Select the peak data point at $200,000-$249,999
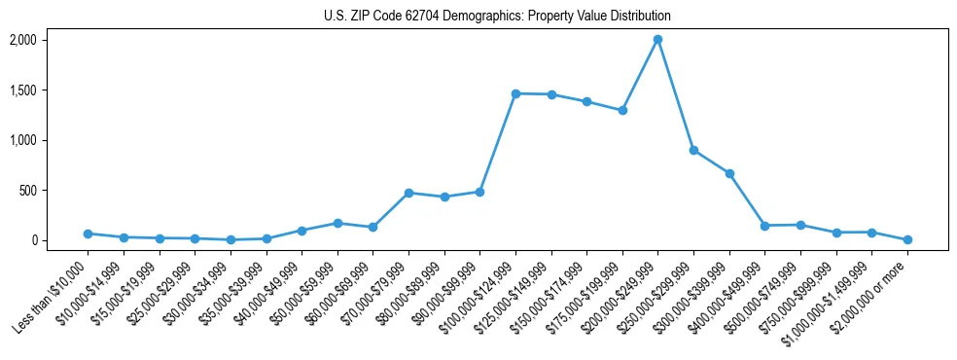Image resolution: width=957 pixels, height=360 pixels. [658, 40]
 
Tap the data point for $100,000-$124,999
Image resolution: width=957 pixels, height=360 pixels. [515, 93]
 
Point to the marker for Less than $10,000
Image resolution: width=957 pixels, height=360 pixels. [88, 234]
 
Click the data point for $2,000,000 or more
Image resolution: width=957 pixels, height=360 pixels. [907, 239]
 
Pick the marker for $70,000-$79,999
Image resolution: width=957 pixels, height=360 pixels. [408, 193]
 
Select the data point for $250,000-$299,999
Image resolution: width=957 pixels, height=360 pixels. [693, 150]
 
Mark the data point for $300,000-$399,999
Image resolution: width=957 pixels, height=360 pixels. [729, 173]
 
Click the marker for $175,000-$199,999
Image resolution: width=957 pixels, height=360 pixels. [622, 110]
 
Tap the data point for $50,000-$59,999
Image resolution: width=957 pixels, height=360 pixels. [337, 223]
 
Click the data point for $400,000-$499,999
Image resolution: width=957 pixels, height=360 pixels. [765, 226]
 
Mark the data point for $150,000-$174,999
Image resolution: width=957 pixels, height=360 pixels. [586, 101]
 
